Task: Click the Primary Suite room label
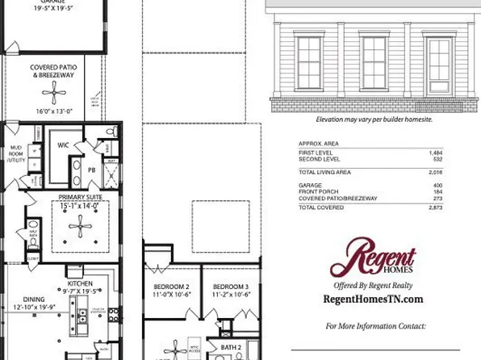(x=77, y=198)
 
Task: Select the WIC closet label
(x=62, y=145)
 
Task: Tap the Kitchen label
(x=79, y=284)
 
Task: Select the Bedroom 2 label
(x=171, y=287)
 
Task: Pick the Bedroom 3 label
(x=231, y=287)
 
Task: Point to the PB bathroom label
(x=91, y=170)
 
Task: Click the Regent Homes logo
(x=372, y=261)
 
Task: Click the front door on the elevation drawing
(x=438, y=64)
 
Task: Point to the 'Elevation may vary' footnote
(x=374, y=119)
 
